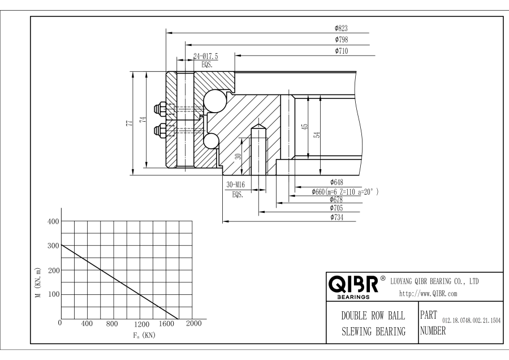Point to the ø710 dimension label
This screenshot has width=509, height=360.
coord(341,51)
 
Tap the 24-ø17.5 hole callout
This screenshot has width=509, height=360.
coord(205,56)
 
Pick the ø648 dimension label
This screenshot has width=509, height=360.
coord(337,182)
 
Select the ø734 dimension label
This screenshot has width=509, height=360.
coord(337,217)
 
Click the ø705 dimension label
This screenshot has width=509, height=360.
coord(337,208)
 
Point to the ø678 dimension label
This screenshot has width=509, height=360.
coord(337,200)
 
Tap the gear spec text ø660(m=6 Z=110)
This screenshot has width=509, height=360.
coord(345,191)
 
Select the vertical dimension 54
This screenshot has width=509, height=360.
coord(317,134)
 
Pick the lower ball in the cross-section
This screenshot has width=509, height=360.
coord(210,141)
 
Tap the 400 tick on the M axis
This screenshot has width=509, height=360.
coord(51,221)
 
